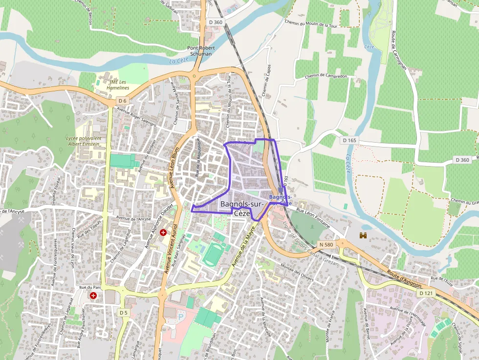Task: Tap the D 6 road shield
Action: tap(122, 101)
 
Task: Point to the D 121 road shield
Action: tap(426, 293)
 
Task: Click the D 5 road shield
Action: tap(123, 313)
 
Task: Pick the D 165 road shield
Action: tap(349, 140)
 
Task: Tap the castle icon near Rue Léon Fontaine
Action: tap(363, 236)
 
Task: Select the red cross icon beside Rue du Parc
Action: tap(92, 296)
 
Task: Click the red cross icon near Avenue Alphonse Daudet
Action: tap(163, 233)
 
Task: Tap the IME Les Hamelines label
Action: tap(117, 85)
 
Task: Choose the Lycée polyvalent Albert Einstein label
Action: tap(84, 141)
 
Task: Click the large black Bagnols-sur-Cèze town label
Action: tap(242, 208)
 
